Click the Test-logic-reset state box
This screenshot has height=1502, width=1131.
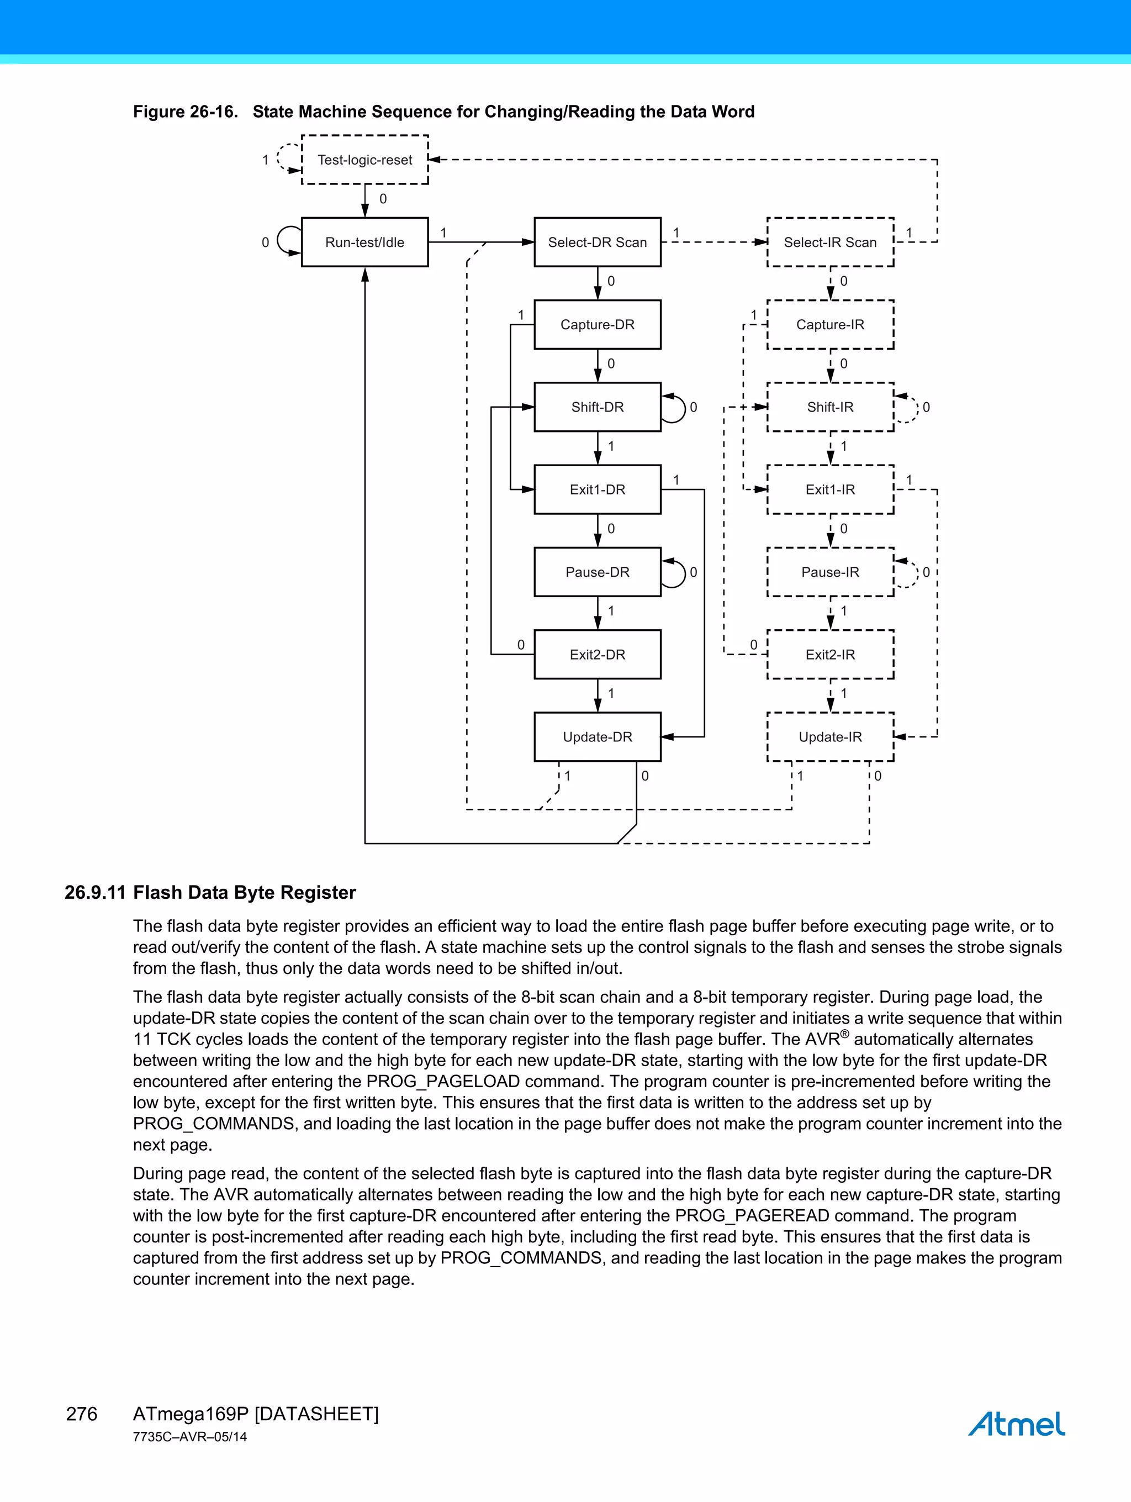[x=364, y=160]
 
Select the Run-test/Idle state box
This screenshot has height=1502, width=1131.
[x=364, y=243]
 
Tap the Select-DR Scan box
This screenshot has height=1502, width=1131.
[x=598, y=243]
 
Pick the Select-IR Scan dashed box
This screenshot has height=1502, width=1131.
[x=829, y=243]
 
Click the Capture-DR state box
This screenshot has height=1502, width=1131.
[x=598, y=325]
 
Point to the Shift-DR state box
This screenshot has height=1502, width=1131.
[x=598, y=408]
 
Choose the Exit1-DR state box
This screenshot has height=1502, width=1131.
[x=598, y=489]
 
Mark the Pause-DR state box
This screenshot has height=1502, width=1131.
[x=598, y=572]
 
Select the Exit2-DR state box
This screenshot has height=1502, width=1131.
[x=598, y=655]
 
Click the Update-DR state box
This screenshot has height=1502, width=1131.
[x=598, y=737]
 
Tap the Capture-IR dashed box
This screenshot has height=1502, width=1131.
[x=829, y=325]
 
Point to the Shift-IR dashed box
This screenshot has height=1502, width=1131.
[x=829, y=408]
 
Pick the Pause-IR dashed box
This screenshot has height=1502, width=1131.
[x=829, y=572]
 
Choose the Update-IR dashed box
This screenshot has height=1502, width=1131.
[x=829, y=737]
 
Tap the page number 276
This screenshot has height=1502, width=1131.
[x=82, y=1414]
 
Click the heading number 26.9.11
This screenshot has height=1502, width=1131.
[x=95, y=892]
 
